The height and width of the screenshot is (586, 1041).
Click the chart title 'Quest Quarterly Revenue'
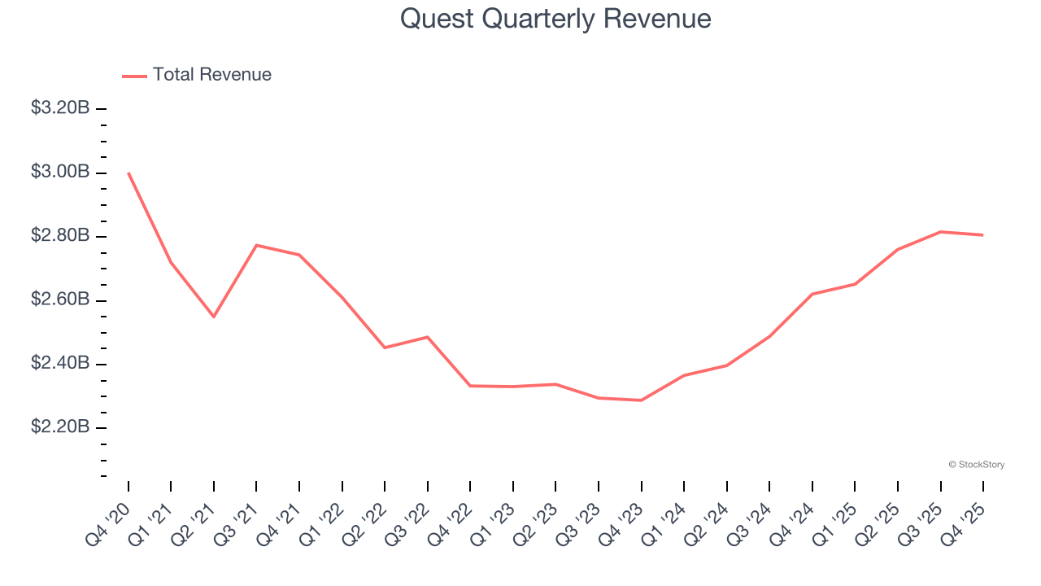click(x=555, y=19)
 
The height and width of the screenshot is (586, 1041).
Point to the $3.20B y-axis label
click(x=60, y=107)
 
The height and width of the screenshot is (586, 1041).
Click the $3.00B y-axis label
click(x=60, y=172)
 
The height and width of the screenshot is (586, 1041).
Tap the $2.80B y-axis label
click(x=60, y=236)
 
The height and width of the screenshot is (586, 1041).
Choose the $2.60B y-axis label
click(x=60, y=300)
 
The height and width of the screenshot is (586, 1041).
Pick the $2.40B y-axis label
click(x=60, y=363)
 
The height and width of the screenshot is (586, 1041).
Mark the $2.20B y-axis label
click(x=60, y=427)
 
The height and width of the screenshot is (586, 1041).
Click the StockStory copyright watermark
click(x=976, y=465)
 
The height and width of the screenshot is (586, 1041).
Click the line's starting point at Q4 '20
click(x=128, y=173)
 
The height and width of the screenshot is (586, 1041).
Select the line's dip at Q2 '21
click(x=214, y=317)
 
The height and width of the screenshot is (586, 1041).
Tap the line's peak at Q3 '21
click(x=256, y=245)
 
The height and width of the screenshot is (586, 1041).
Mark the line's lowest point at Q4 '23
click(x=641, y=400)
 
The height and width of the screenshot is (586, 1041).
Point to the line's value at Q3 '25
click(x=940, y=232)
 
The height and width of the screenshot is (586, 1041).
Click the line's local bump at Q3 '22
click(x=428, y=337)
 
